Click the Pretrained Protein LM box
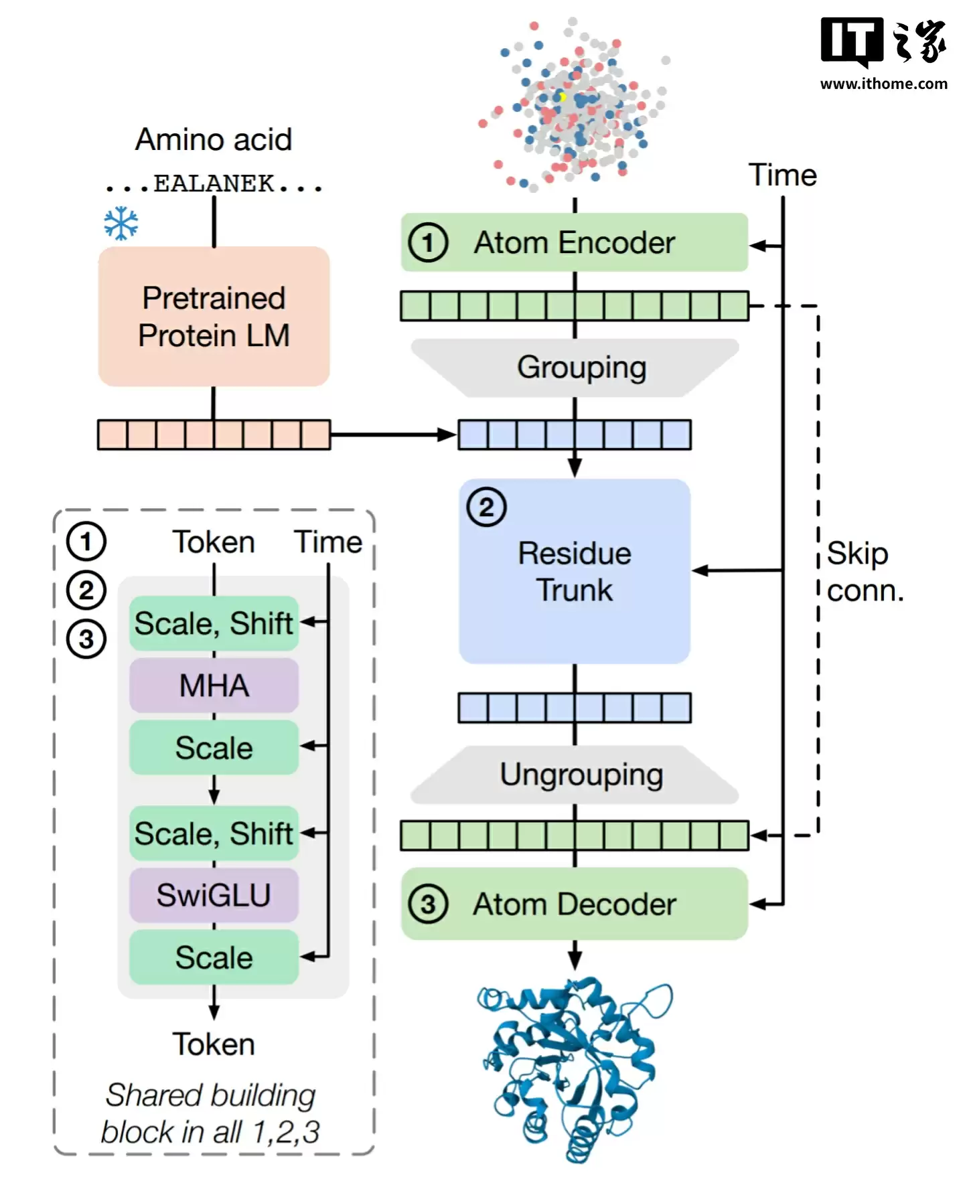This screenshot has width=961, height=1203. point(214,316)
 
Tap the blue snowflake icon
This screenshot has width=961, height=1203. point(121,224)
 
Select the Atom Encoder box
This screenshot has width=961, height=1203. point(574,242)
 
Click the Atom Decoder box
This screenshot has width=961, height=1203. point(574,904)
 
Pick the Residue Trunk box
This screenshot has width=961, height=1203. point(574,571)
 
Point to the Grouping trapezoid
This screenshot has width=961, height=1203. point(575,368)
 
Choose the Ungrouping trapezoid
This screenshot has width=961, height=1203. point(575,775)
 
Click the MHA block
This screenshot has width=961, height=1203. point(214,685)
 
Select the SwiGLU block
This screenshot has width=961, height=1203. point(214,895)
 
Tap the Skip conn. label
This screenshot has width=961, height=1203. point(865,572)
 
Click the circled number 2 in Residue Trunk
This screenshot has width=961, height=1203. point(486,507)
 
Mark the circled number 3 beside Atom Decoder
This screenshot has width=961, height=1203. point(428,904)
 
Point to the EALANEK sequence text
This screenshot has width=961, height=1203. point(214,183)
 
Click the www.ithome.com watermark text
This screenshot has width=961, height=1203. point(883,84)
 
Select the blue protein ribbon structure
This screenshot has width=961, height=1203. point(574,1068)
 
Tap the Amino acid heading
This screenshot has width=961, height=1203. point(214,139)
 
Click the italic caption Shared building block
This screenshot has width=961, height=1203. point(210,1113)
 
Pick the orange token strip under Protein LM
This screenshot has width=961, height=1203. point(214,434)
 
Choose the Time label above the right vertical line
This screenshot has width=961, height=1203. point(782,175)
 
